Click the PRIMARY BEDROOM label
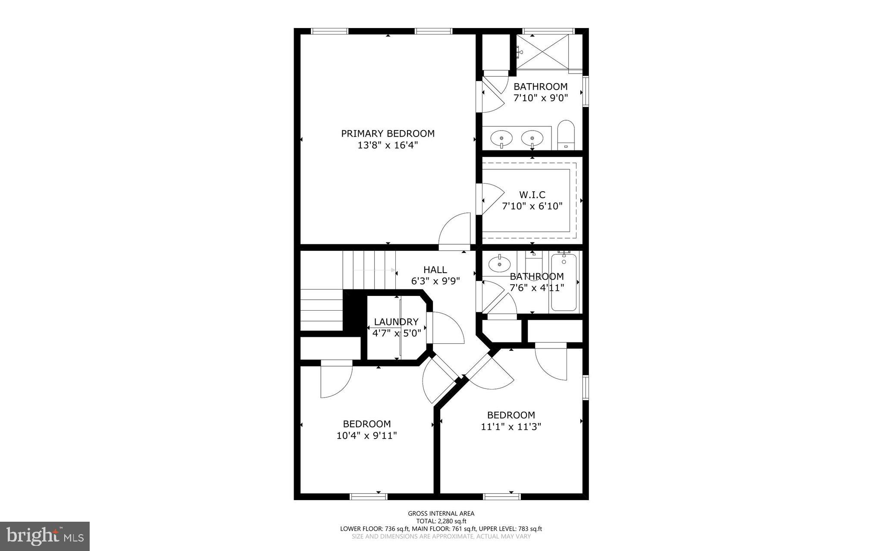[x=388, y=134]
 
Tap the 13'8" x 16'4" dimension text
[x=388, y=145]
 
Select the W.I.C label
[x=532, y=195]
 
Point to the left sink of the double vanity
[x=502, y=139]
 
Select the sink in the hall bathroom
[x=499, y=264]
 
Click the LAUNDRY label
[x=396, y=322]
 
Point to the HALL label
[x=435, y=270]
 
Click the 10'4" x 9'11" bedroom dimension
[x=366, y=436]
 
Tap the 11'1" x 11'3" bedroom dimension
[x=511, y=427]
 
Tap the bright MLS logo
[x=45, y=535]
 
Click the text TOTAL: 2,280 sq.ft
[x=441, y=521]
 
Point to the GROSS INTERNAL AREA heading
[x=441, y=513]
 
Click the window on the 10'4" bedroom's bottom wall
[x=369, y=497]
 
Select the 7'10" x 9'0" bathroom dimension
[x=540, y=98]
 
